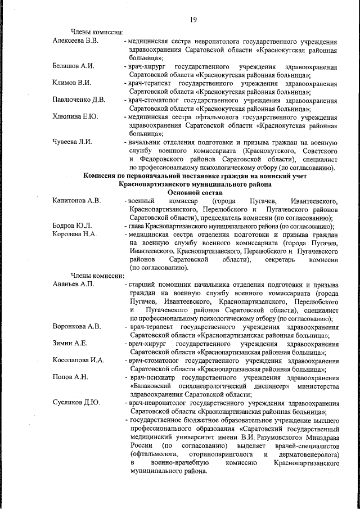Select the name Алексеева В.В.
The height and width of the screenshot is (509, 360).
pos(75,42)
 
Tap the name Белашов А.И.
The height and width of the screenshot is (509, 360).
pos(73,66)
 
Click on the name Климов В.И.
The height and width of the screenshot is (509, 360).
pos(71,83)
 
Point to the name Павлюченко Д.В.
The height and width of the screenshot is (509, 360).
pos(79,100)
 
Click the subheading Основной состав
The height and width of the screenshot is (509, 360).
pos(193,192)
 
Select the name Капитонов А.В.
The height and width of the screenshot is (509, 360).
pos(76,201)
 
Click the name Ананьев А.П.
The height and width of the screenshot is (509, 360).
pos(73,285)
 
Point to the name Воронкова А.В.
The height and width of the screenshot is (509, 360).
pos(76,327)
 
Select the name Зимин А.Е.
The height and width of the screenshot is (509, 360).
pos(70,343)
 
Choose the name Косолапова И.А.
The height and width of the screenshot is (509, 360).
pos(78,360)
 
